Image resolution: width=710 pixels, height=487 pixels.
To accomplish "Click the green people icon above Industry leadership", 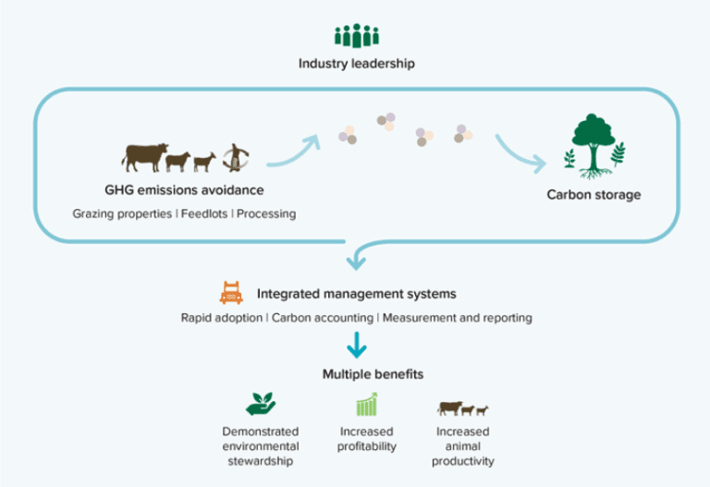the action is [x=357, y=35].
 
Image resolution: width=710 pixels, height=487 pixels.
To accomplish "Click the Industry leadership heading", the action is [x=356, y=64].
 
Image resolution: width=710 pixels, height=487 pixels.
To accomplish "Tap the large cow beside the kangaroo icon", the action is [x=145, y=157].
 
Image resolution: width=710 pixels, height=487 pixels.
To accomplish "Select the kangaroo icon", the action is [x=236, y=157].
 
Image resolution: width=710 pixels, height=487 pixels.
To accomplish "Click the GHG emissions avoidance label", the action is [x=184, y=190].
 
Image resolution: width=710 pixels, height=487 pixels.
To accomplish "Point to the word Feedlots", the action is [x=204, y=213].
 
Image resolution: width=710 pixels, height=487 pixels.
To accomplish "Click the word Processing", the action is [x=266, y=214].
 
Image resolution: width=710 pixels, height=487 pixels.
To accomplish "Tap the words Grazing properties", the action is [x=122, y=214].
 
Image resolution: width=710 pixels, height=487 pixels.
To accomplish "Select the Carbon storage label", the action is [x=594, y=195].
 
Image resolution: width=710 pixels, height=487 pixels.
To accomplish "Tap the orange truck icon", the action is [x=231, y=293].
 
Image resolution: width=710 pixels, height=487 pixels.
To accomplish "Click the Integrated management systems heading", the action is [x=356, y=294].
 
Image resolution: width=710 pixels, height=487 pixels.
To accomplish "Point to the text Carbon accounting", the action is [x=323, y=318].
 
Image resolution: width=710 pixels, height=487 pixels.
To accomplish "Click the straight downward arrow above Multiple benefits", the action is [x=356, y=345].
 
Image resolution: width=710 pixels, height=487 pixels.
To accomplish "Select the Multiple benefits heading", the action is [x=373, y=375].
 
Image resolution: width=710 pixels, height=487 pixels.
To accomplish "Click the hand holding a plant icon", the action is [x=261, y=404].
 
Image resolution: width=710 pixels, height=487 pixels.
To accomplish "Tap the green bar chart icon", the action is [x=367, y=404].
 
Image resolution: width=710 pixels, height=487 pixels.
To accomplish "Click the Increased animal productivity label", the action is [x=463, y=446].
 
